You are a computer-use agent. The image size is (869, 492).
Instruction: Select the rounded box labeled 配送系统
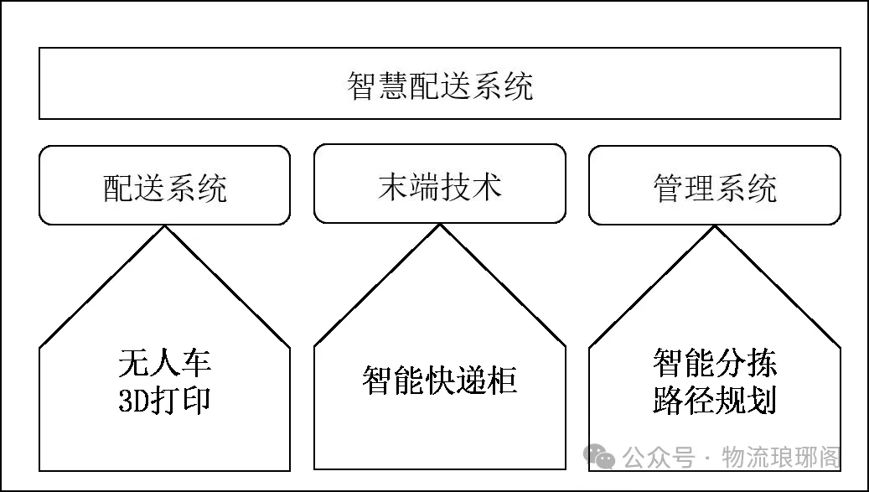pos(165,185)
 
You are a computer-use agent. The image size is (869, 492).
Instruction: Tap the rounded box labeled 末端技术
pos(440,185)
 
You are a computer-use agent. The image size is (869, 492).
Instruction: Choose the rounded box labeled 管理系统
pos(715,185)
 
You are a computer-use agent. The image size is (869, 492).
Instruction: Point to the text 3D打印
pos(165,401)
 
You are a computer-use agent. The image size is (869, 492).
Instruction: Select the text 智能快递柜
pos(440,381)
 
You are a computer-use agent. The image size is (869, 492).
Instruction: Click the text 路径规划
pos(715,401)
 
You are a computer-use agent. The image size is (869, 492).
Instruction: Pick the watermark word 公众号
pos(659,458)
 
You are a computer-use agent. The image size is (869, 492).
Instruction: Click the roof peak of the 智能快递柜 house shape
pos(440,226)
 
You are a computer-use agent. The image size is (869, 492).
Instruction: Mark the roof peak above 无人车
pos(165,226)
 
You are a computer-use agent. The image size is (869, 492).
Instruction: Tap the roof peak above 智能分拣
pos(715,226)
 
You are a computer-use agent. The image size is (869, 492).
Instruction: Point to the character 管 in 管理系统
pos(668,186)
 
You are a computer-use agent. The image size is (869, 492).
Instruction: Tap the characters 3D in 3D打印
pos(134,401)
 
